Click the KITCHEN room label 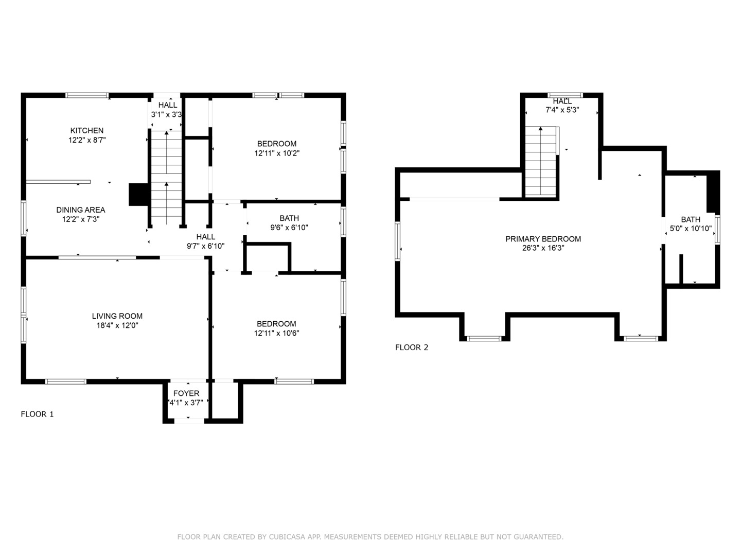pos(87,131)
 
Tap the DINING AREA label pos(81,210)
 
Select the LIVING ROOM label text pos(117,316)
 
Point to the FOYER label pos(186,394)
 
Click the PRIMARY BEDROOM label pos(543,239)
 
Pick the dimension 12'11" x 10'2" pos(277,153)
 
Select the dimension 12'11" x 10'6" pos(276,333)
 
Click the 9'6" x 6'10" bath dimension pos(289,228)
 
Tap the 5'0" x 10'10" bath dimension pos(691,229)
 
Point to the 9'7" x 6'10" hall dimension pos(206,246)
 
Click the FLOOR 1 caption pos(37,414)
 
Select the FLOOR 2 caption pos(412,347)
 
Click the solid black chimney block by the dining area pos(138,195)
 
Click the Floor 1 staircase pos(166,178)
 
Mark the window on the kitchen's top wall pos(87,95)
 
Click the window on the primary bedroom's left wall pos(398,241)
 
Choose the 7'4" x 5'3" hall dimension pos(562,110)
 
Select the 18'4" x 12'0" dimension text pos(117,325)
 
